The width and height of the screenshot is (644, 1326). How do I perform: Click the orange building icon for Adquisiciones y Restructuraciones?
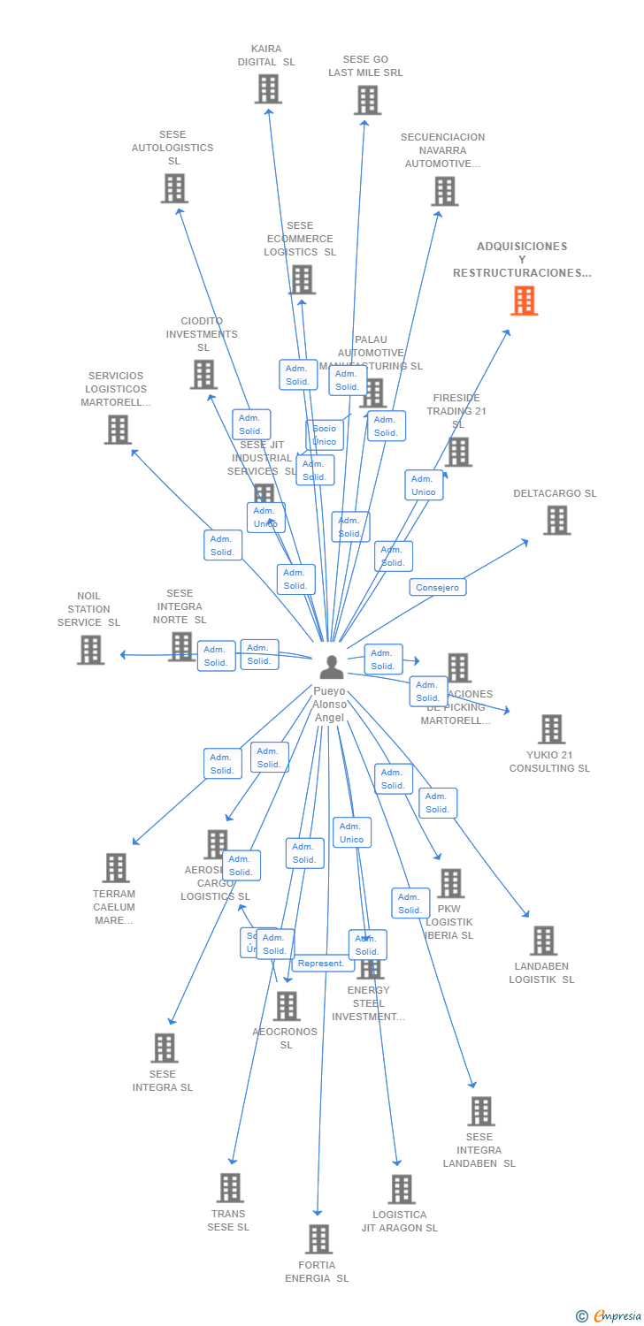coord(524,301)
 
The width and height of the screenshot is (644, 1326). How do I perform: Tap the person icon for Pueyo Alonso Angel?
coord(331,667)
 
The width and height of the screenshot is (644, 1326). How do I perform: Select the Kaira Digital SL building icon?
coord(268,89)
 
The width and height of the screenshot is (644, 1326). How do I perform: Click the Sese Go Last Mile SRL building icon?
coord(367,100)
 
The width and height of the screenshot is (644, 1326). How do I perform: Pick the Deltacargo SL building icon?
coord(556,521)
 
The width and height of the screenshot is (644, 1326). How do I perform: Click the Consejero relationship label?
coord(437,587)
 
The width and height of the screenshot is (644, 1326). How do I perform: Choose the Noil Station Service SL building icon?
coord(90,650)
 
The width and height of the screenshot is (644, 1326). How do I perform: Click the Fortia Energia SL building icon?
coord(318,1239)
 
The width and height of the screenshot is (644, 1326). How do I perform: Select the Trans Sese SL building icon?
coord(230,1188)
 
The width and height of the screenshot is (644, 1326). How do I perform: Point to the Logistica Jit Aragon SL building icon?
coord(401,1189)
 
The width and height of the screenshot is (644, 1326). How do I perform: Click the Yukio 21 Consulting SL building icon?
coord(551,729)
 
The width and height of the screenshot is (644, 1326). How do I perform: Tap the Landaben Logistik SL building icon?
coord(543,941)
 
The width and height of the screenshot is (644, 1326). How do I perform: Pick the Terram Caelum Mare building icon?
coord(115,868)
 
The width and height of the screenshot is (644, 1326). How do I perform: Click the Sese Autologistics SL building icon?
coord(174,188)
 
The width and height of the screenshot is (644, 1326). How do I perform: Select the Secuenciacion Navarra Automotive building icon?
coord(444,191)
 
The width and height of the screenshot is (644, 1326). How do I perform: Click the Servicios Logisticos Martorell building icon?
coord(117,430)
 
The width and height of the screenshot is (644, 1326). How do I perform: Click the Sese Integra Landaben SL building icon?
coord(480,1111)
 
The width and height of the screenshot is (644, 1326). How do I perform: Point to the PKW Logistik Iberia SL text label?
coord(449,922)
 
